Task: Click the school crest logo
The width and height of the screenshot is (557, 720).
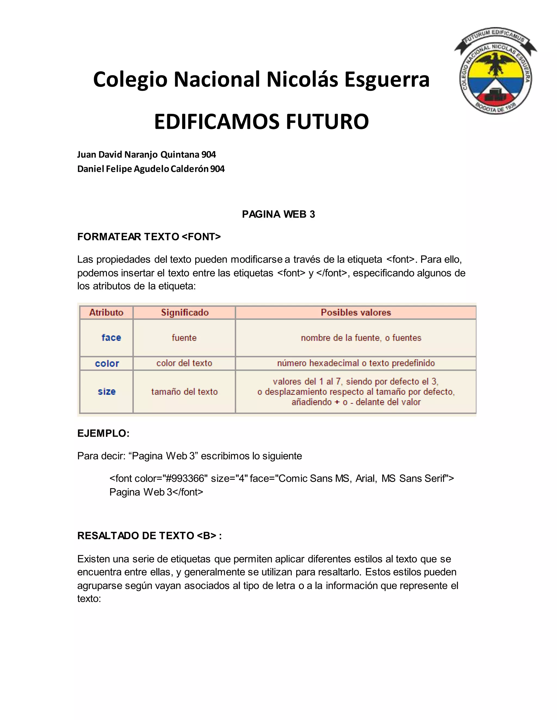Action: point(495,71)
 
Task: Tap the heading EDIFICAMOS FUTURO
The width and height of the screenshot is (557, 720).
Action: point(261,122)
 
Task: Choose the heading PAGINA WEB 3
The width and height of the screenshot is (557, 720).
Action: point(278,214)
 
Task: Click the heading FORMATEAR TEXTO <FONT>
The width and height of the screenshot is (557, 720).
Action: point(149,237)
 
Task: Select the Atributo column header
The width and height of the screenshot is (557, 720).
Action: point(106,312)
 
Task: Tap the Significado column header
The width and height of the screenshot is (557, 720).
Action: point(185,312)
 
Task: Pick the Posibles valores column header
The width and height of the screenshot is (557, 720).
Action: point(356,312)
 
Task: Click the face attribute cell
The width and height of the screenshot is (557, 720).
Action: point(111,337)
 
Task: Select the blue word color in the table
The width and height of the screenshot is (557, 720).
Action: point(107,363)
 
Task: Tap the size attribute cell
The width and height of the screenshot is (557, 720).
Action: point(107,392)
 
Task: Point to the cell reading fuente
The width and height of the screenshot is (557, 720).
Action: point(184,337)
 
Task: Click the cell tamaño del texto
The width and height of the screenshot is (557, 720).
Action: point(184,392)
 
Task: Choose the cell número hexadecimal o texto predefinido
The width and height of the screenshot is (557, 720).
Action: point(356,363)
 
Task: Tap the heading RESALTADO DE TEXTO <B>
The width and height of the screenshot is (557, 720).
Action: point(149,536)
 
